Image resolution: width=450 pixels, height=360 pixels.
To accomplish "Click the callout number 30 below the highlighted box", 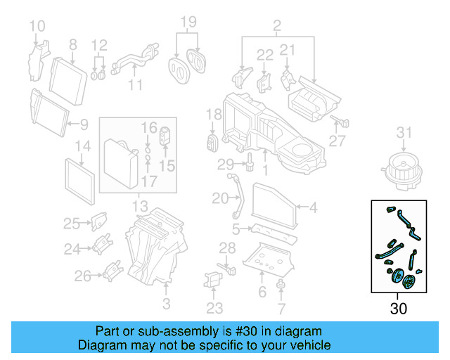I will [x=399, y=308].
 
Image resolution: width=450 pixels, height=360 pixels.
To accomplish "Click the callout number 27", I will [x=337, y=141].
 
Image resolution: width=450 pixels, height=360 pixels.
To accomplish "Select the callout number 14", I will [x=83, y=146].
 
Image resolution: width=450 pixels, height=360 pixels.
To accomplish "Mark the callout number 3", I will [x=166, y=304].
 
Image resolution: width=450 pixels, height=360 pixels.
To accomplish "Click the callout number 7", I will [x=282, y=309].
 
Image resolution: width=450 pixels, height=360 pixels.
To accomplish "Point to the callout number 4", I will [x=313, y=207].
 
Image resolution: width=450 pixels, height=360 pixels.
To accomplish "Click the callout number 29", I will [x=224, y=165].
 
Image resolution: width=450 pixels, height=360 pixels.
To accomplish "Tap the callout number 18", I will [x=213, y=114].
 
